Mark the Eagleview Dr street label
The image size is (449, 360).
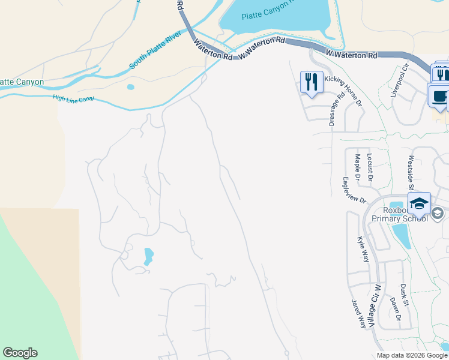[x=355, y=190]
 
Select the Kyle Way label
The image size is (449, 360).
[x=363, y=249]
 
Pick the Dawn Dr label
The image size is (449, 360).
[x=394, y=309]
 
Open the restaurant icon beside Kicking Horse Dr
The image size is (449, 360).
[x=312, y=82]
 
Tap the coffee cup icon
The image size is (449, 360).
[x=438, y=95]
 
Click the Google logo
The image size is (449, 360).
[x=20, y=353]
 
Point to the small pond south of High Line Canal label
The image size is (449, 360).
[x=131, y=87]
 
